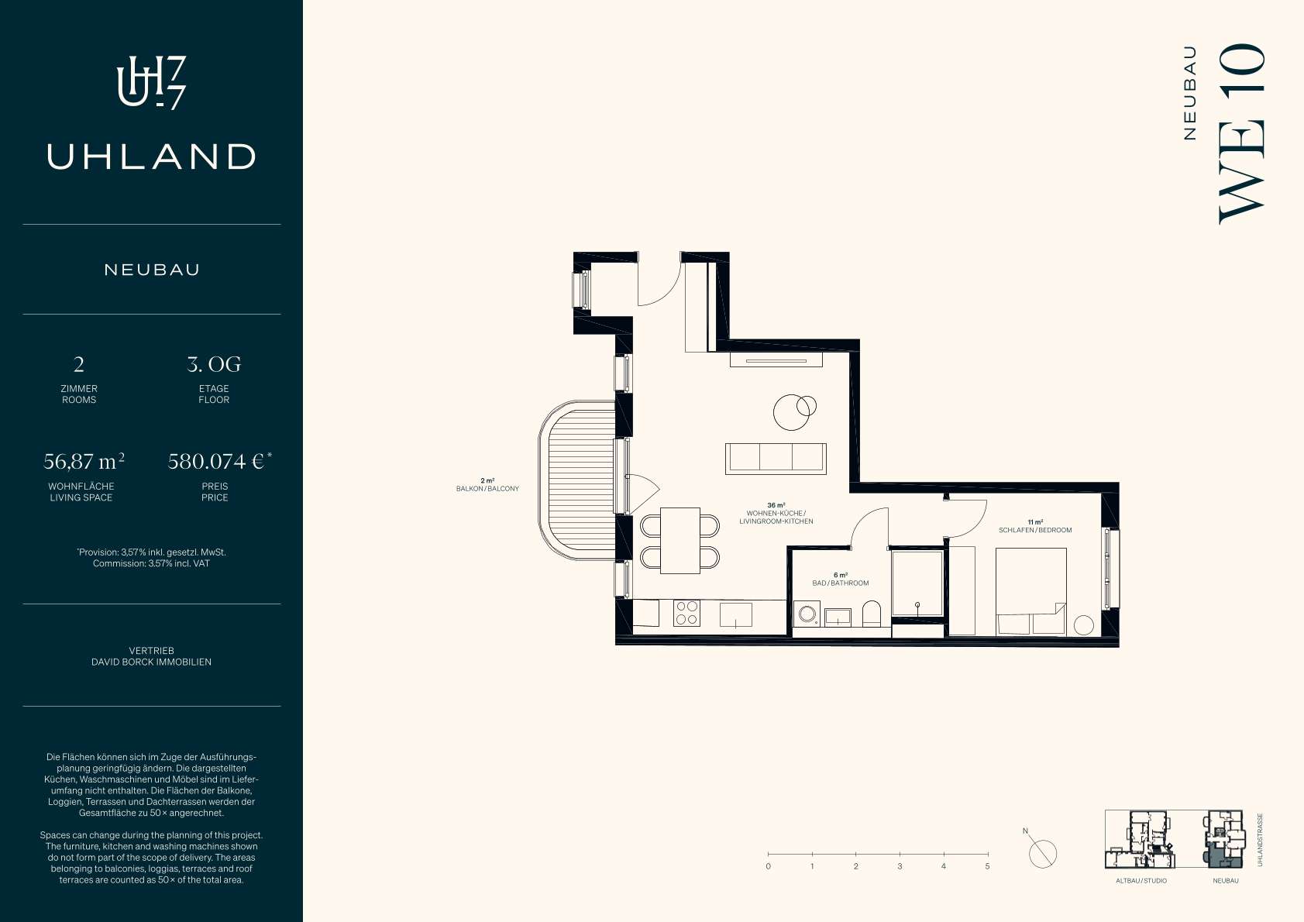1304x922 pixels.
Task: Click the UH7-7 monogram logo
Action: [x=151, y=83]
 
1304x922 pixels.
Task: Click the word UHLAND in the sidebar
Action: [x=151, y=157]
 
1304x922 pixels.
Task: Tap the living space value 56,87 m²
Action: [x=84, y=462]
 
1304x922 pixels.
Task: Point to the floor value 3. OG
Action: [x=214, y=364]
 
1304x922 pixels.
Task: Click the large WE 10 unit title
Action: [x=1242, y=133]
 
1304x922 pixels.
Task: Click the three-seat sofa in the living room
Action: [x=776, y=459]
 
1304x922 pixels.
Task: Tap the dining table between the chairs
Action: [x=680, y=541]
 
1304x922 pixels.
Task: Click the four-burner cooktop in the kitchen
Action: [x=687, y=614]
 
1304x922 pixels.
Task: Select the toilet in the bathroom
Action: [x=872, y=614]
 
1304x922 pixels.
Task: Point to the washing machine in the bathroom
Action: [x=807, y=614]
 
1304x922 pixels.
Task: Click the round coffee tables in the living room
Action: [x=794, y=411]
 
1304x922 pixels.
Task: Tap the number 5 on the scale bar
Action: [x=987, y=866]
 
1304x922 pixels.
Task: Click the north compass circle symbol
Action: [x=1043, y=855]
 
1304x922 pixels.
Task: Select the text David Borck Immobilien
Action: [x=151, y=662]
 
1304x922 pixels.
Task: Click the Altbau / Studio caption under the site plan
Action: [x=1141, y=881]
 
